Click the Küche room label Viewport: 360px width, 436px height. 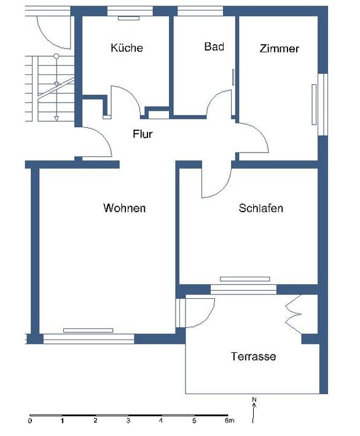[x=127, y=47]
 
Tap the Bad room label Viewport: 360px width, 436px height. [x=214, y=47]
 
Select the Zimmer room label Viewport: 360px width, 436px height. [x=279, y=49]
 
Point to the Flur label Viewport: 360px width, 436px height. [x=143, y=134]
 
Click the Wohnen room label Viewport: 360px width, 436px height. [x=125, y=208]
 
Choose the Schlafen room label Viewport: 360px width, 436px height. [x=261, y=208]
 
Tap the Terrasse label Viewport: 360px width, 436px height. [x=254, y=356]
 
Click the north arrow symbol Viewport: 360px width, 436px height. [x=253, y=413]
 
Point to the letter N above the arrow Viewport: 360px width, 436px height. [x=254, y=400]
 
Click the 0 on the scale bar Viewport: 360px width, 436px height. [x=30, y=421]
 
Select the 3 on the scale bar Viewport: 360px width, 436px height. [x=128, y=421]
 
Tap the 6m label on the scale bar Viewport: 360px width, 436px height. [x=229, y=421]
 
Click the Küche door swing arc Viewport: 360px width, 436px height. [x=131, y=97]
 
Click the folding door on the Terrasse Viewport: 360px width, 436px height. [x=293, y=314]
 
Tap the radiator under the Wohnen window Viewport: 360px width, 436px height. [x=88, y=330]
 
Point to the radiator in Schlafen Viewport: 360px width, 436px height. [x=245, y=279]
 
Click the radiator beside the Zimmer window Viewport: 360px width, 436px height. [x=314, y=105]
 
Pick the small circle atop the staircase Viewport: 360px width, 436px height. [x=57, y=56]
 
